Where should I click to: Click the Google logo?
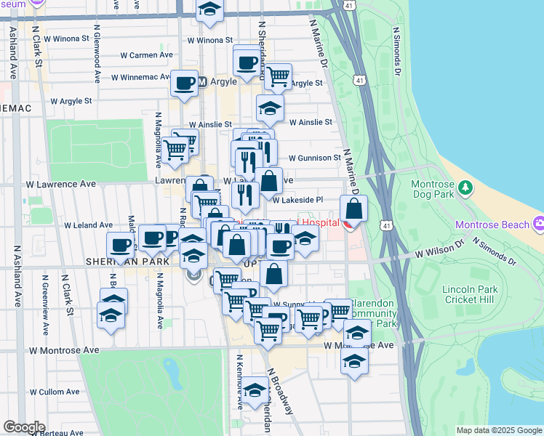[24, 427]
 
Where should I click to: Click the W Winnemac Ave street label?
[140, 77]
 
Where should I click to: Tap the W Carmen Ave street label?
[146, 54]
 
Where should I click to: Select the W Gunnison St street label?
[314, 158]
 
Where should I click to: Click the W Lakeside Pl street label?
[297, 199]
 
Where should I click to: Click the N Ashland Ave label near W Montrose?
[17, 280]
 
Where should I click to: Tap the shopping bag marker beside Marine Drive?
[353, 209]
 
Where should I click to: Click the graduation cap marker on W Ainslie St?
[270, 108]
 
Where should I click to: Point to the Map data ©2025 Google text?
[498, 430]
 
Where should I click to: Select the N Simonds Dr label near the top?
[396, 52]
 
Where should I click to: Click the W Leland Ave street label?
[88, 225]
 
